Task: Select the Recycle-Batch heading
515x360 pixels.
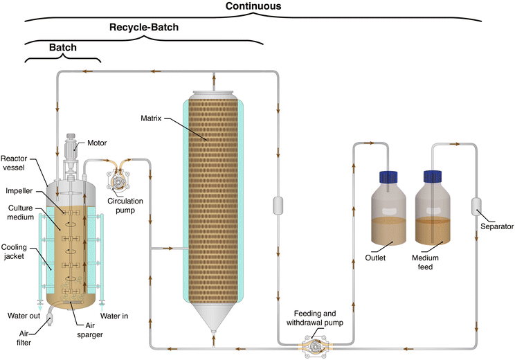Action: coord(144,28)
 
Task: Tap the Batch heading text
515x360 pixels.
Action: coord(62,48)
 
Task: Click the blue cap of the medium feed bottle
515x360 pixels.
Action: coord(433,178)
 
